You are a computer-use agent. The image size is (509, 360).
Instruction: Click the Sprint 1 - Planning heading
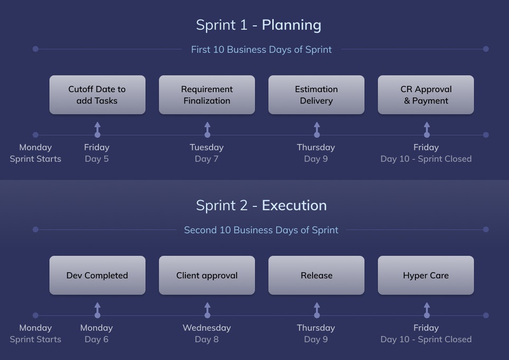click(x=258, y=25)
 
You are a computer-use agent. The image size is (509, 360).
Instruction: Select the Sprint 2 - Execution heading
click(x=261, y=205)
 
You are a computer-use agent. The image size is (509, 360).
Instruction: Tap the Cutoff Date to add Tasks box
click(x=97, y=95)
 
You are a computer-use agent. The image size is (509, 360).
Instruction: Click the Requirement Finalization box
click(x=206, y=95)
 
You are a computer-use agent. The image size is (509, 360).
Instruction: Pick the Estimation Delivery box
click(x=316, y=95)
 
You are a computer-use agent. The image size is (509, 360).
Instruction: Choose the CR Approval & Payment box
click(x=426, y=95)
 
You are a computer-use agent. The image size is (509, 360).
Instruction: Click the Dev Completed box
click(x=97, y=276)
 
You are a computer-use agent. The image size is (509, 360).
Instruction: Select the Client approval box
click(x=206, y=276)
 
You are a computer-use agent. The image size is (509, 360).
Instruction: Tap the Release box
click(x=316, y=276)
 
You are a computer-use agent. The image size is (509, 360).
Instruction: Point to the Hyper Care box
click(x=426, y=276)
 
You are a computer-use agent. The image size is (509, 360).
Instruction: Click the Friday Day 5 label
click(x=97, y=153)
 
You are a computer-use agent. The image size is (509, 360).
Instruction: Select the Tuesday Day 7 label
click(x=206, y=153)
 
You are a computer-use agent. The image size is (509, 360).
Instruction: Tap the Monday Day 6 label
click(x=97, y=334)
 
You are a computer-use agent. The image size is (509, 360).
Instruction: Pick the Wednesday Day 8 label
click(x=206, y=334)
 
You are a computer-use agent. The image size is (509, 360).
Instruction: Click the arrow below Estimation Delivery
click(x=317, y=129)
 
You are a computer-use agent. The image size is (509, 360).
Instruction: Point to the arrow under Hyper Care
click(x=427, y=309)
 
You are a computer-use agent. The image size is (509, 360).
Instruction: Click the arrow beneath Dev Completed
click(x=97, y=309)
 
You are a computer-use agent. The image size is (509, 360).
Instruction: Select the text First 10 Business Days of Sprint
click(x=261, y=50)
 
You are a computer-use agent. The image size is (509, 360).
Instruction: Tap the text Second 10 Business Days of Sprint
click(x=261, y=230)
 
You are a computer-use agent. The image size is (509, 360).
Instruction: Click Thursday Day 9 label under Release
click(x=316, y=334)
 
